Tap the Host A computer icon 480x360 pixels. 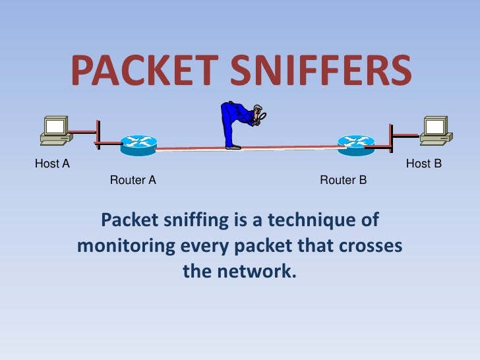(55, 131)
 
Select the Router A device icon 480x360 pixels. (138, 144)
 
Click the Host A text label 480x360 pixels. (52, 164)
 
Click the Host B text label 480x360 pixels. (423, 164)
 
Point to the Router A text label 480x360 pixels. (133, 179)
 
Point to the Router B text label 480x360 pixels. (343, 179)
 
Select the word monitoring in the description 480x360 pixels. (126, 246)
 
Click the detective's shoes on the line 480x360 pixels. (233, 147)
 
